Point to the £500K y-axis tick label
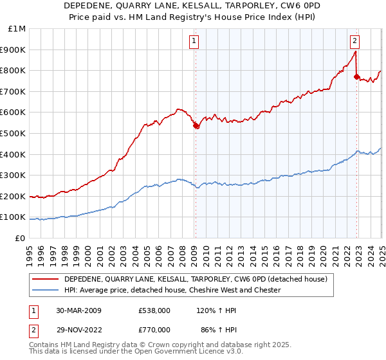pyautogui.click(x=14, y=134)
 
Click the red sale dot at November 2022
pyautogui.click(x=357, y=77)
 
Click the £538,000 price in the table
pyautogui.click(x=154, y=310)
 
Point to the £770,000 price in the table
pyautogui.click(x=154, y=331)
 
